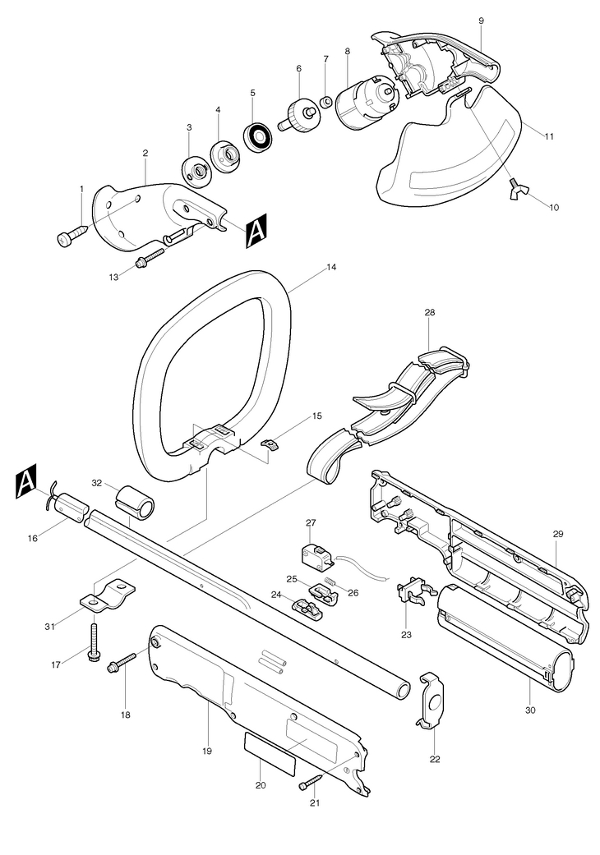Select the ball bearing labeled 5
coord(259,136)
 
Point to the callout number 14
coord(331,268)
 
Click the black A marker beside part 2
coord(256,231)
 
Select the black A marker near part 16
coord(26,481)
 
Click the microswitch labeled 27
coord(316,554)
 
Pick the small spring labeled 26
coord(330,582)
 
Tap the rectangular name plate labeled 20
coord(270,754)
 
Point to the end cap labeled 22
coord(432,700)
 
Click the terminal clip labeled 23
coord(416,593)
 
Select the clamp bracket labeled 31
coord(108,595)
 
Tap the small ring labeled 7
coord(326,101)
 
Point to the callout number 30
coord(530,710)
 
